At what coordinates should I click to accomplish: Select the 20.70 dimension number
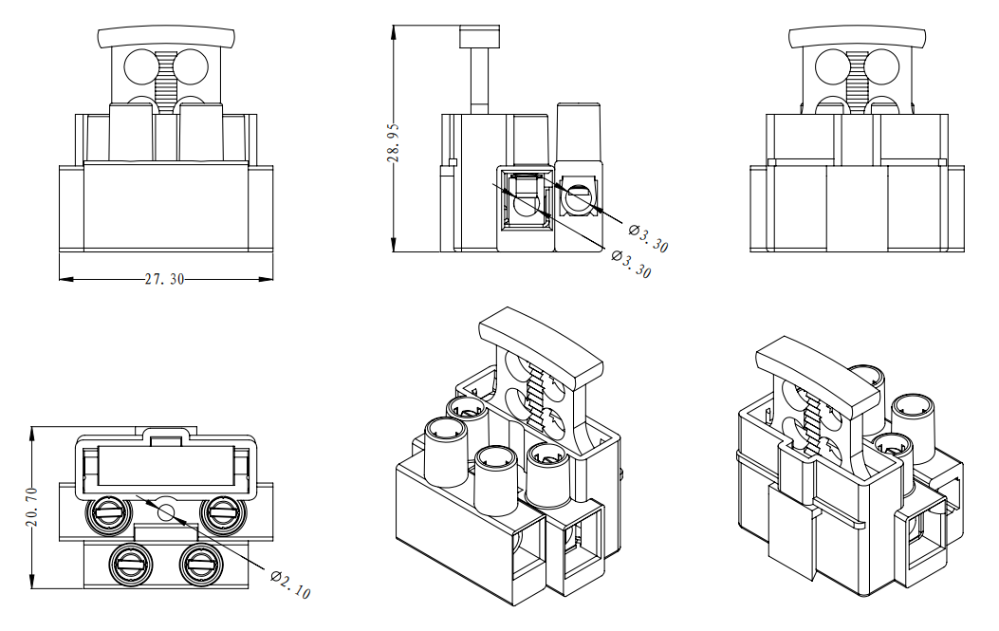pos(33,508)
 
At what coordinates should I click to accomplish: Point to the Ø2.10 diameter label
pos(290,585)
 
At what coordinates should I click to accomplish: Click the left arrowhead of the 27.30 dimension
pos(65,280)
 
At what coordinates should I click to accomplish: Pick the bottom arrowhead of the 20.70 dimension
pos(34,583)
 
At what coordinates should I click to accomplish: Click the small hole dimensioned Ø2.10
pos(166,512)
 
